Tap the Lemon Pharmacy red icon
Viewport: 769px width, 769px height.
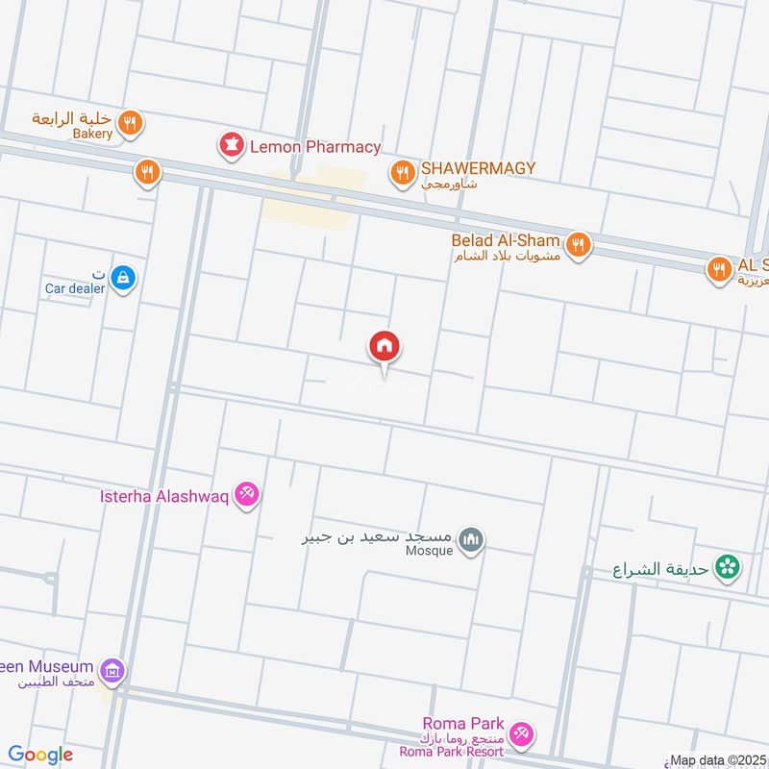[231, 147]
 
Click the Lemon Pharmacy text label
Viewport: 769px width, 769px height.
[314, 147]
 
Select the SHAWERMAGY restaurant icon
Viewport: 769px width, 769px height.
[402, 172]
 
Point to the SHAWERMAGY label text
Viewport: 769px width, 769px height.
[477, 168]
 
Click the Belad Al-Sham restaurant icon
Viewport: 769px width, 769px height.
[577, 244]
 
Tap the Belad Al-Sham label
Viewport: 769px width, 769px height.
[506, 239]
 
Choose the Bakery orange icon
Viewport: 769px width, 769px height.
[131, 122]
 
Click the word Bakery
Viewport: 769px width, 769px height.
[92, 134]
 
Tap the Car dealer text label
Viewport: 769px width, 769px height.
[75, 287]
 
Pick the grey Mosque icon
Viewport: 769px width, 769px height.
[470, 540]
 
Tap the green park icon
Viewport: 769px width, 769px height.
[728, 568]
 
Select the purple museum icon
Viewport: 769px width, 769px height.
[112, 670]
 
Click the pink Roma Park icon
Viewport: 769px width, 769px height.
[521, 732]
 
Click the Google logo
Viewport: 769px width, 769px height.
[40, 755]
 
